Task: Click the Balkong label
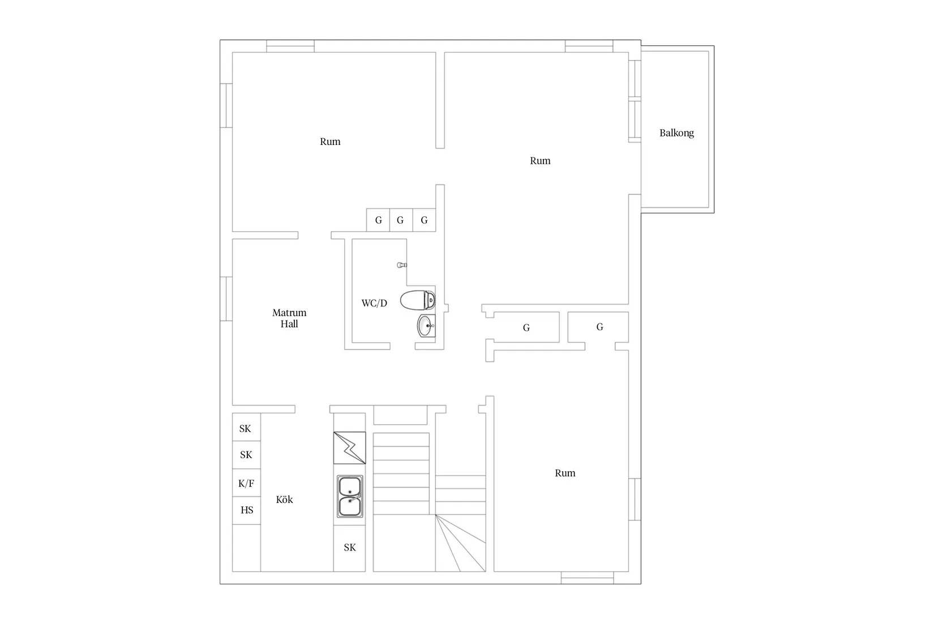click(676, 133)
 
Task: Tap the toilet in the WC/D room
click(418, 300)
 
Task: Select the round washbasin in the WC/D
click(426, 326)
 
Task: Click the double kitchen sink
click(350, 496)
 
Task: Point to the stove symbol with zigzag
click(349, 448)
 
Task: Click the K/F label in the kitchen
click(246, 483)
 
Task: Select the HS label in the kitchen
click(247, 510)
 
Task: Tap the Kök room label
click(284, 500)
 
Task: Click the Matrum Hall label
click(289, 318)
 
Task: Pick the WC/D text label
click(374, 304)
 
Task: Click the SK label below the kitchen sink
click(350, 548)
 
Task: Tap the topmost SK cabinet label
click(245, 429)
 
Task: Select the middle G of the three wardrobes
click(400, 220)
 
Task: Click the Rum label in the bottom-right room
click(565, 473)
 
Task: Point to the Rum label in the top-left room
click(330, 142)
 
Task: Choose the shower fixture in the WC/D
click(402, 265)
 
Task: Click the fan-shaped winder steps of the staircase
click(461, 543)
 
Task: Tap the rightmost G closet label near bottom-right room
click(599, 327)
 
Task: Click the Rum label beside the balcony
click(540, 161)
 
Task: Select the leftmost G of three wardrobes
click(379, 220)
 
